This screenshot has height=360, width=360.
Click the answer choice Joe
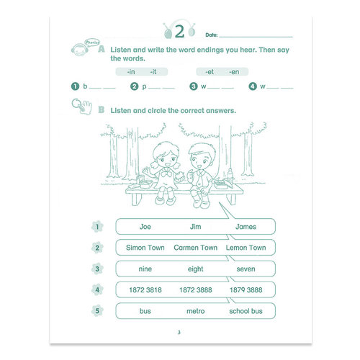coord(145,227)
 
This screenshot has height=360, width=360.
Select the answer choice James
coord(246,227)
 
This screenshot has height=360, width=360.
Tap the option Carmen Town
coord(196,248)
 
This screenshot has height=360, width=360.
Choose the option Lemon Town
coord(246,248)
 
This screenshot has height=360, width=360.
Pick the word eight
coord(196,269)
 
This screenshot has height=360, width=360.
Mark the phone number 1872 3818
coord(145,290)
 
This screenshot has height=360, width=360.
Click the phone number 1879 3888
coord(246,290)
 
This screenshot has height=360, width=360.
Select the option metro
coord(196,311)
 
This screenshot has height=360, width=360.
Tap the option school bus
coord(246,311)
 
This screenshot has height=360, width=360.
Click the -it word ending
coord(153,72)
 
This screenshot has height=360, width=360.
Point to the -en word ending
coord(234,72)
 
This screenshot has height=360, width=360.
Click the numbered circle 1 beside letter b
coord(75,86)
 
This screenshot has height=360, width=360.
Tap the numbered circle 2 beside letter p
coord(134,86)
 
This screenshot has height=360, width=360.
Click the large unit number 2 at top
coord(179,32)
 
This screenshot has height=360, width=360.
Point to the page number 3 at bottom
coord(179,332)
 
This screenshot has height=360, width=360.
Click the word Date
coord(212,35)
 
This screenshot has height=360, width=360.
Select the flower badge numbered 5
coord(97,311)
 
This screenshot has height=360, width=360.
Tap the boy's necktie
coord(199,178)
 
